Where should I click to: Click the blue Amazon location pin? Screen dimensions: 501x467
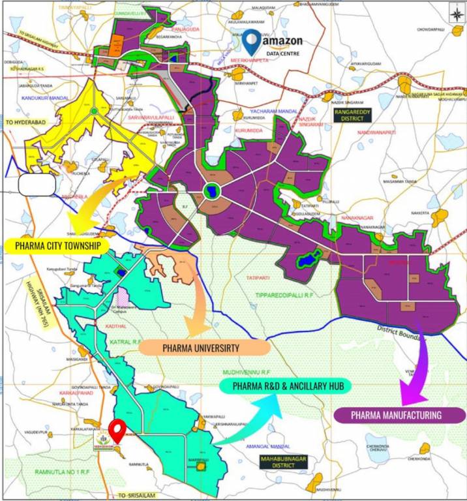click(250, 41)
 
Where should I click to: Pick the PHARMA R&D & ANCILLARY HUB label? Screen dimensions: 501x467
click(285, 386)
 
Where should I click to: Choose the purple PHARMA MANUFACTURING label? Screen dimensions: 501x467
click(396, 415)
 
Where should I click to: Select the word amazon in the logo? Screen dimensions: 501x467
click(284, 40)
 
